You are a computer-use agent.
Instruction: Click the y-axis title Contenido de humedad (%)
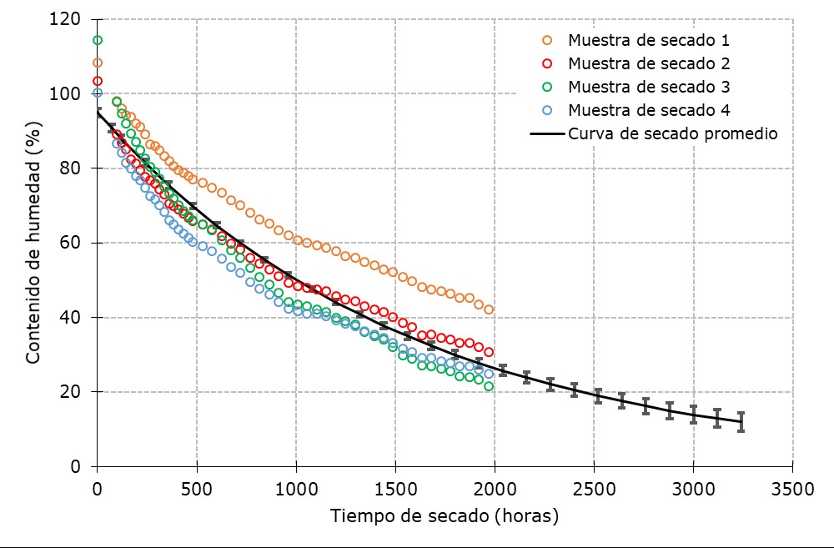click(x=33, y=243)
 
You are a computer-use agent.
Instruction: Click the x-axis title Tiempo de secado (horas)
click(x=445, y=515)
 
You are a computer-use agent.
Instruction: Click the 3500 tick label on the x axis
click(x=792, y=486)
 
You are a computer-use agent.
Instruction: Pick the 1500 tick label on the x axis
click(x=394, y=486)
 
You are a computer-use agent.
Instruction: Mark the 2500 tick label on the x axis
click(x=594, y=486)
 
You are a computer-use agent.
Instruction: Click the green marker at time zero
click(x=97, y=40)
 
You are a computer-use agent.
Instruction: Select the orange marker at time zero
click(x=97, y=63)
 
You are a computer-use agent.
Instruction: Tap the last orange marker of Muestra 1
click(x=489, y=309)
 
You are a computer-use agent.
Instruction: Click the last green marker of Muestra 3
click(x=489, y=386)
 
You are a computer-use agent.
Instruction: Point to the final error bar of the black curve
click(x=741, y=421)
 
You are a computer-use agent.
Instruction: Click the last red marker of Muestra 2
click(x=489, y=352)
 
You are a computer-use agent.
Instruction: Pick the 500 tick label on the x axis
click(x=197, y=486)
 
